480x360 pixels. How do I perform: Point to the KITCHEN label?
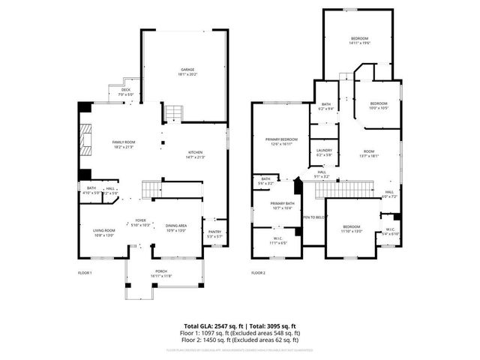click(x=196, y=152)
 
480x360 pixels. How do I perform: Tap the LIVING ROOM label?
click(x=103, y=230)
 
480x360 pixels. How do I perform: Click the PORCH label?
click(x=161, y=271)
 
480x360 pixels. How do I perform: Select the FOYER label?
click(x=141, y=220)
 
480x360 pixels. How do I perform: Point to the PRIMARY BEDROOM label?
click(x=281, y=139)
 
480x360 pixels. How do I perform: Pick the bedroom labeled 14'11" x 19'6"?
click(x=360, y=38)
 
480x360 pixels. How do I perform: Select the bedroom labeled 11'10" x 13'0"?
click(x=352, y=226)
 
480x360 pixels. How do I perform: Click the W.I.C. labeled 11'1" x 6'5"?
click(x=277, y=239)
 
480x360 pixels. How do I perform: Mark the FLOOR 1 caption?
click(x=85, y=272)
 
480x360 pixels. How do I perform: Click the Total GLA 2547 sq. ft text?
click(x=214, y=326)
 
